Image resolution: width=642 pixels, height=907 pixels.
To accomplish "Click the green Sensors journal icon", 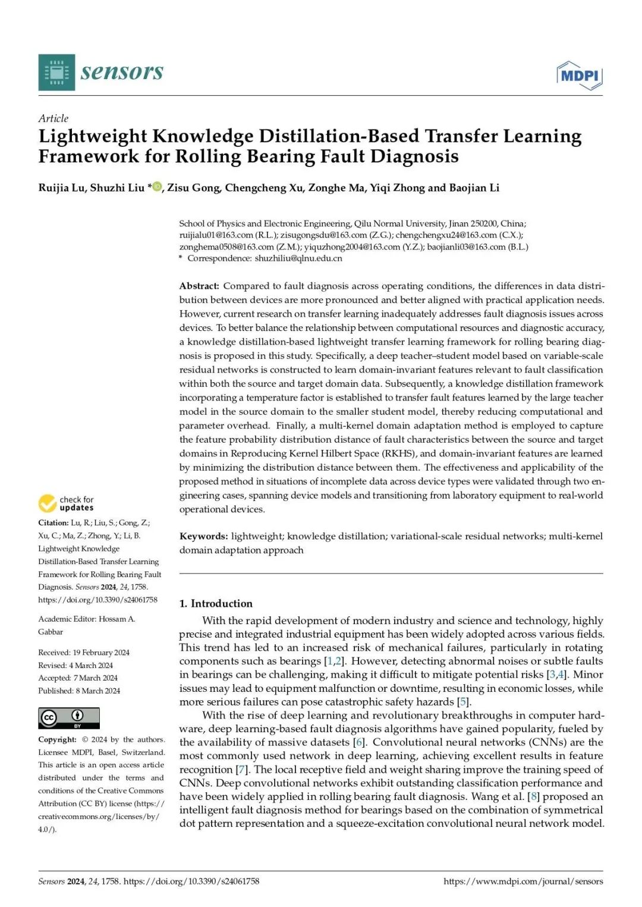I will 56,72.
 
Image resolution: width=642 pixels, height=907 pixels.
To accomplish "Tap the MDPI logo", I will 579,75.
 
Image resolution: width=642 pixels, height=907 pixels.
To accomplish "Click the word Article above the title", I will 53,118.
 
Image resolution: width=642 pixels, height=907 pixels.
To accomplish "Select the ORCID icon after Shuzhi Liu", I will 158,187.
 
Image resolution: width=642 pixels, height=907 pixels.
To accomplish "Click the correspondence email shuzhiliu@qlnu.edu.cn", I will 298,259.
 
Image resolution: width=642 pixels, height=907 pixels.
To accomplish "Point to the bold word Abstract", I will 199,286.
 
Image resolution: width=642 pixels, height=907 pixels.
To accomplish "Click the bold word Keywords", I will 203,536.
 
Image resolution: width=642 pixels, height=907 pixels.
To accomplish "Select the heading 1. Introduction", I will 216,603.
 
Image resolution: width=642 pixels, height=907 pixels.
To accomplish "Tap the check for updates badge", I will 66,503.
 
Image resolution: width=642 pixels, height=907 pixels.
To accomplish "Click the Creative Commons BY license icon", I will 69,718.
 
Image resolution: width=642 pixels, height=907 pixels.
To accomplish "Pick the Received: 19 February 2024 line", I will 84,653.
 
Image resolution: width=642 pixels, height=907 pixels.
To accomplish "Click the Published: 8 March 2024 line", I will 79,691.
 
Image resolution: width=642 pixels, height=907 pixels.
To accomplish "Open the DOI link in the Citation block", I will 98,600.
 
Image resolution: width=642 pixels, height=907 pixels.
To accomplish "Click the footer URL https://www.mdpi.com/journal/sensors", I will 523,881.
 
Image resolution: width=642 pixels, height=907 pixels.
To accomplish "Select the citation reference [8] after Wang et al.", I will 533,796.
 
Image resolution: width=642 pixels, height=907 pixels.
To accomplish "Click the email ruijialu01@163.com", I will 216,235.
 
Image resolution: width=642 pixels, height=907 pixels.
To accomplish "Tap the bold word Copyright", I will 57,739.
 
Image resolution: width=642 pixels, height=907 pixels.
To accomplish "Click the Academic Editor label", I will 67,619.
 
